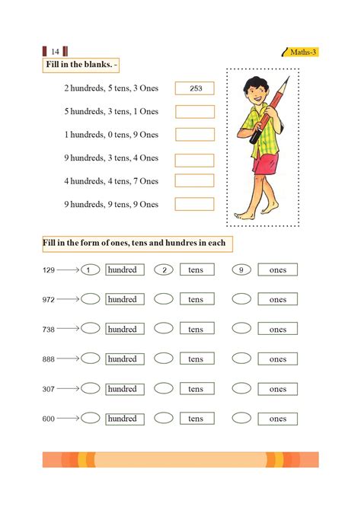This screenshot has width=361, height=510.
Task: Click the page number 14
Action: (x=54, y=52)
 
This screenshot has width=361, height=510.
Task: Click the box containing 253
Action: (x=195, y=88)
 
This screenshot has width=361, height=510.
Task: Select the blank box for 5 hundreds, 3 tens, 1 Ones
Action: (x=195, y=111)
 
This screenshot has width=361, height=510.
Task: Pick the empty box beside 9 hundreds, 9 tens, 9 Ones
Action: (x=195, y=204)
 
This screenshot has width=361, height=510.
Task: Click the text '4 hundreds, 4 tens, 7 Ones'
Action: (x=111, y=181)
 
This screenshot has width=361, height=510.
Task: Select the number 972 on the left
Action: (x=49, y=300)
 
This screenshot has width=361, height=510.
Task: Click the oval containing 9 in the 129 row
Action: (x=241, y=269)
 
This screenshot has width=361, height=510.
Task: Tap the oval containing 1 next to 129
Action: (x=90, y=269)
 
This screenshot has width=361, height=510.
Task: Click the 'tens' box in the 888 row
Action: (x=196, y=359)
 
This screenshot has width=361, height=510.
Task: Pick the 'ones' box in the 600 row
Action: (x=277, y=419)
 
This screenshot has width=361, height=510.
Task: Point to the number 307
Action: (x=49, y=389)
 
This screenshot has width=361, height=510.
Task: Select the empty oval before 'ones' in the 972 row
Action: (x=241, y=299)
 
